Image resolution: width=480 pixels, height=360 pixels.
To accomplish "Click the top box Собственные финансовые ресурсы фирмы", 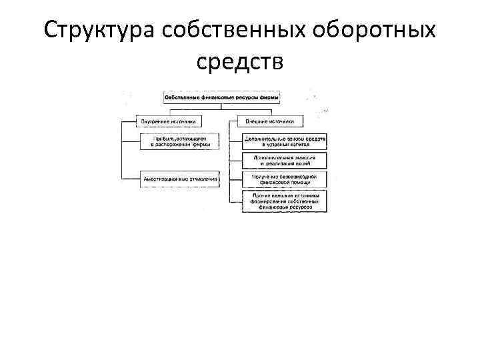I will point(221,99).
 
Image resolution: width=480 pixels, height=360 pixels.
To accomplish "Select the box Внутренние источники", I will point(169,122).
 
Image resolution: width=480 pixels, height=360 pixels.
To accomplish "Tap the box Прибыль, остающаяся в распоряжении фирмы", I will point(179,140).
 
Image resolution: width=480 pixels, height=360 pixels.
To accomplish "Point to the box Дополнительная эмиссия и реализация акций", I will point(284,160).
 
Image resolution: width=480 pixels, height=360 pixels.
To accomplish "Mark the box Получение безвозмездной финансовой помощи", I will point(284,179).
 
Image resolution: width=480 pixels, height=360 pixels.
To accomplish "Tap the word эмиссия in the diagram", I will point(299,157).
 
